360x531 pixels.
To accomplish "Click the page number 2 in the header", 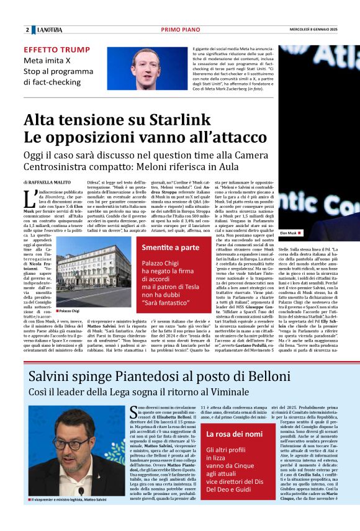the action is [27, 30].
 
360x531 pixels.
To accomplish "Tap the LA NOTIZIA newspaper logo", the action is [49, 30].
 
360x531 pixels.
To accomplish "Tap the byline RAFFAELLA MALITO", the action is [51, 183].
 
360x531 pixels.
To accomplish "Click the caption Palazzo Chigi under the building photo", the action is [69, 310].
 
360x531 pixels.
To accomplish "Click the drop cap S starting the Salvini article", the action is [133, 412].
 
